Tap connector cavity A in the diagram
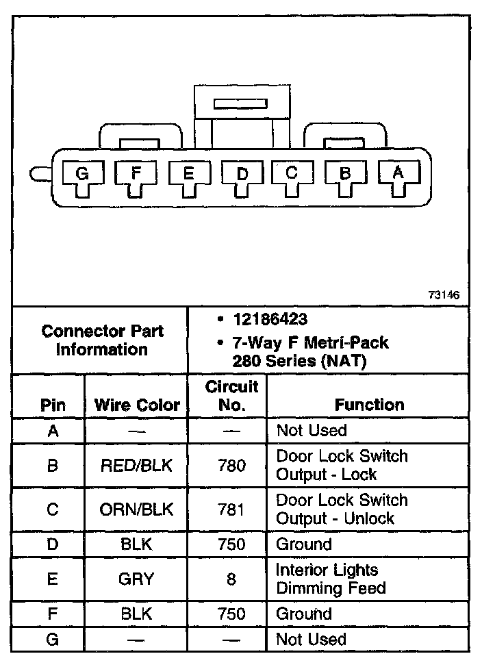point(397,175)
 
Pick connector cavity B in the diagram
point(344,175)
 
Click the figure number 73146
point(444,296)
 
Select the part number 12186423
point(270,319)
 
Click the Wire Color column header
point(137,405)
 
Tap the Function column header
point(369,405)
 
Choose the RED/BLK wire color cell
point(137,466)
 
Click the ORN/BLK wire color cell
point(137,509)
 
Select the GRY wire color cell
point(137,579)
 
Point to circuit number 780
point(231,466)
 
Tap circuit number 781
point(231,509)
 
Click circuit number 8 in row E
point(231,579)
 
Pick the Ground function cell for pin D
point(303,544)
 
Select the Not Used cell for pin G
point(311,639)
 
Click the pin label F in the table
point(53,614)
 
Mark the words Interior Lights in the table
point(327,570)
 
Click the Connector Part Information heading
point(102,340)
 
